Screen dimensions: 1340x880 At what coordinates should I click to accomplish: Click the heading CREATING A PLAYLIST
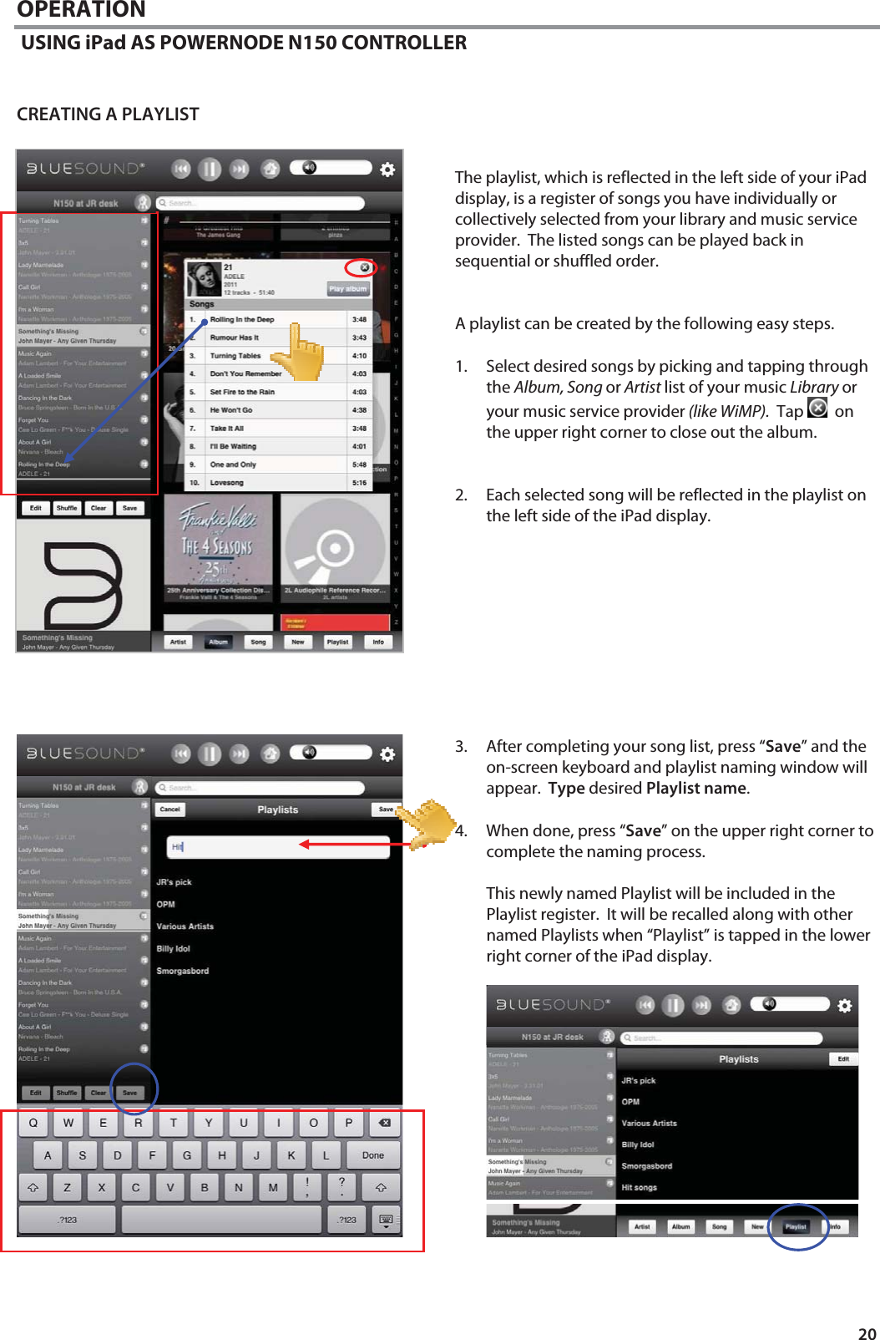pos(108,114)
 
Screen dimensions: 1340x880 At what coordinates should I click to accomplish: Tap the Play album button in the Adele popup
pos(347,288)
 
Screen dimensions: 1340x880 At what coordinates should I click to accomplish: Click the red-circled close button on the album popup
pos(364,267)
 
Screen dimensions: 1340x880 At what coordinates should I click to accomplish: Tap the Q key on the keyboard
pos(33,1123)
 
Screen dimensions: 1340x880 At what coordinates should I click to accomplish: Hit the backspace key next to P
pos(384,1123)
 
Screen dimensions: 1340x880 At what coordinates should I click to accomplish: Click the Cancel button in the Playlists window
pos(170,809)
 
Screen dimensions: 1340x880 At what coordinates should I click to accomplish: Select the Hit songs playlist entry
pos(640,1187)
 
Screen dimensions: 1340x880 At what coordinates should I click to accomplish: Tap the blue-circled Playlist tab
pos(796,1226)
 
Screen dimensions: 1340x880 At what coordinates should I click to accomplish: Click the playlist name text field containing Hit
pos(278,846)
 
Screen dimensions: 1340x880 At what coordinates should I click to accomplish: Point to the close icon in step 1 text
pos(817,408)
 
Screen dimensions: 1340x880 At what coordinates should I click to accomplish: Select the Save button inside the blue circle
pos(130,1093)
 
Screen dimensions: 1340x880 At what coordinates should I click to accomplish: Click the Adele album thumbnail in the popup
pos(203,279)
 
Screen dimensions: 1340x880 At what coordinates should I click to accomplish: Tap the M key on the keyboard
pos(273,1187)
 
